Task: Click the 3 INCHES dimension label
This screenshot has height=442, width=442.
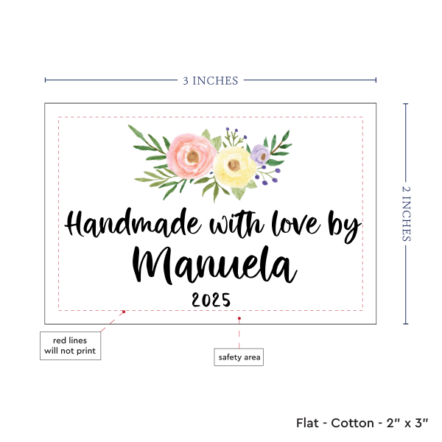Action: pyautogui.click(x=210, y=80)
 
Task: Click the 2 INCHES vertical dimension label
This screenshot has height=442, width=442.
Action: pyautogui.click(x=407, y=214)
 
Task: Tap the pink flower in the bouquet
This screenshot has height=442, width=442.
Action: pyautogui.click(x=189, y=152)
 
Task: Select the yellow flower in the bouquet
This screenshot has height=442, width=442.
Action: pyautogui.click(x=234, y=165)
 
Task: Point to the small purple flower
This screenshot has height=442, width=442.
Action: pyautogui.click(x=259, y=154)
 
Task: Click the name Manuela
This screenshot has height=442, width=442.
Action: pyautogui.click(x=214, y=264)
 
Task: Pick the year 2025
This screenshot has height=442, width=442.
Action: pyautogui.click(x=211, y=300)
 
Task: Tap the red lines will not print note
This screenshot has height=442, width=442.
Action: pyautogui.click(x=70, y=345)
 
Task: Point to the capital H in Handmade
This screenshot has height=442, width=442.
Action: pyautogui.click(x=77, y=223)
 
